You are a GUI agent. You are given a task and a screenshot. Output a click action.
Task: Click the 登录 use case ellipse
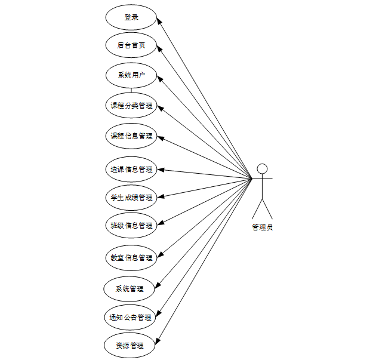(131, 17)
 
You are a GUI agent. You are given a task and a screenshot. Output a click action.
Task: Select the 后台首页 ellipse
(131, 45)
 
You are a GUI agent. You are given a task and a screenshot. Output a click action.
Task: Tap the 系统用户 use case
(131, 75)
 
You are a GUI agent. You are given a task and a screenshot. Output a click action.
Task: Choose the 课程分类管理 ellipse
(131, 106)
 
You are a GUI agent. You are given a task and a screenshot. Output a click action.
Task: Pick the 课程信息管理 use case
(131, 136)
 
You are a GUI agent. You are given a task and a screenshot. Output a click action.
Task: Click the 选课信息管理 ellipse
(131, 169)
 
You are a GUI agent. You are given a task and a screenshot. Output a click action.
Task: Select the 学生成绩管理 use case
(131, 197)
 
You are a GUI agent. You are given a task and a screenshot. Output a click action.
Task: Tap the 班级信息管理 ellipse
(131, 225)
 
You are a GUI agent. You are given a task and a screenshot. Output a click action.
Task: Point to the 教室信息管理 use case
(131, 258)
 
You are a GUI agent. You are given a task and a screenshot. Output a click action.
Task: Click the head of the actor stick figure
(261, 168)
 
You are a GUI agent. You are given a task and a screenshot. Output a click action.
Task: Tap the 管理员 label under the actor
(262, 227)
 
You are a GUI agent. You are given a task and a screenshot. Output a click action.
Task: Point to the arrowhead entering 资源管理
(158, 341)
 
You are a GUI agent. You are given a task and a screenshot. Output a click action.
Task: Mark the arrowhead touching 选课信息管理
(160, 170)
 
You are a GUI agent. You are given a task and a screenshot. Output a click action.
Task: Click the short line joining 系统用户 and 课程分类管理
(131, 90)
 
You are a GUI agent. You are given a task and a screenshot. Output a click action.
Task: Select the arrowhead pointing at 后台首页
(159, 48)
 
